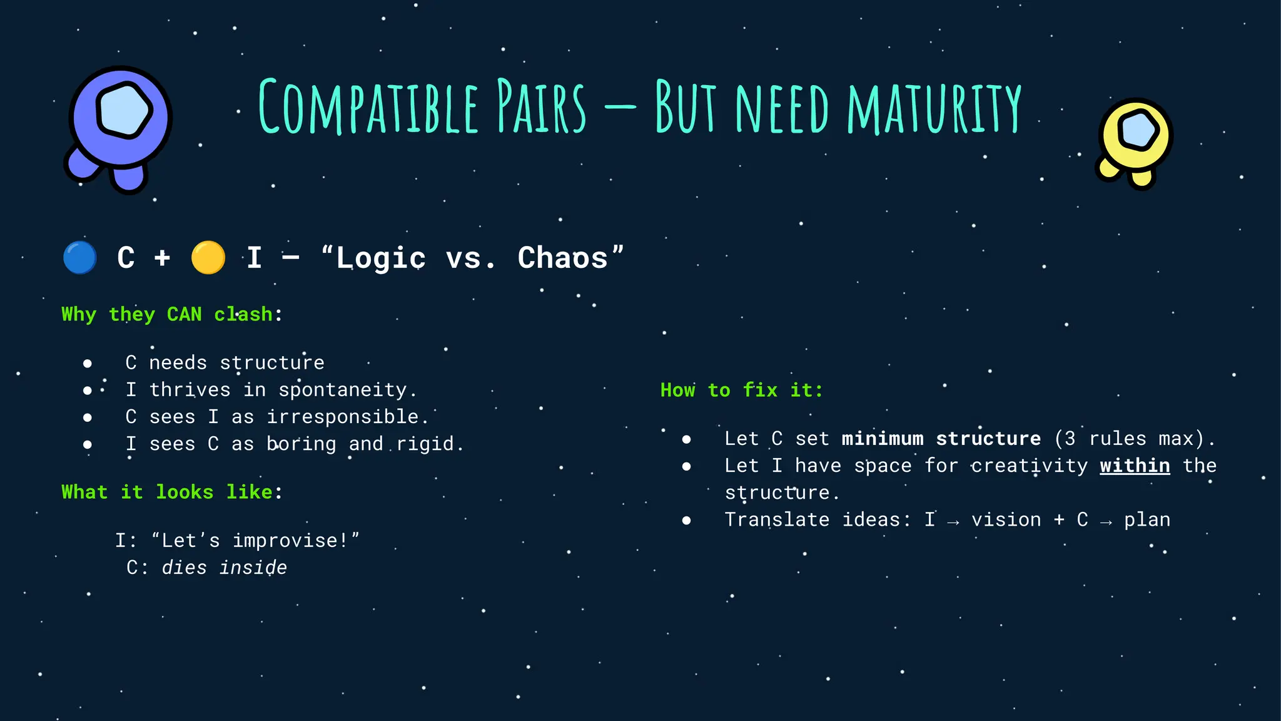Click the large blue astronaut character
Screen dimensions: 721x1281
point(119,125)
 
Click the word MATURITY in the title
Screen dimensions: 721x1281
point(934,108)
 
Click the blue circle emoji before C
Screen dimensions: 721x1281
point(80,258)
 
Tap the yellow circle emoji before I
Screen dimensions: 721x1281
point(208,258)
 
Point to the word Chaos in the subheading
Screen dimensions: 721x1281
point(563,258)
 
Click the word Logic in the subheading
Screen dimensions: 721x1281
point(380,258)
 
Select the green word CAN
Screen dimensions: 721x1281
point(184,314)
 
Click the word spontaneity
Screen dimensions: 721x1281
point(343,390)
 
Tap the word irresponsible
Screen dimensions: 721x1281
point(343,417)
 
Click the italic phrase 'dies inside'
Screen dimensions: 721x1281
point(224,568)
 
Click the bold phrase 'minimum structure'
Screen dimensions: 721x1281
point(941,439)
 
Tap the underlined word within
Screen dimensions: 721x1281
point(1135,466)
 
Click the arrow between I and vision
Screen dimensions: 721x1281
point(953,521)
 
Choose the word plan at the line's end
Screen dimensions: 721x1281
point(1147,520)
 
